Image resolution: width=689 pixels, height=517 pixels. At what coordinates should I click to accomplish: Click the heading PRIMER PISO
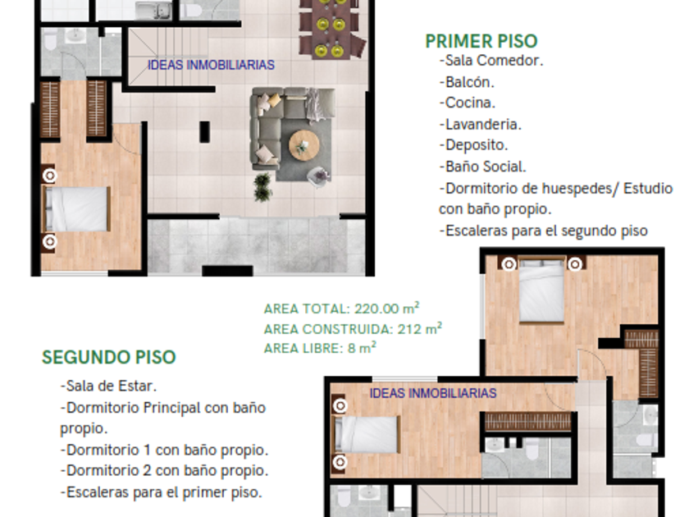pyautogui.click(x=481, y=41)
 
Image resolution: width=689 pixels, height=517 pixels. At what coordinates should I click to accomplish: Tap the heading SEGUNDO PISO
pyautogui.click(x=108, y=358)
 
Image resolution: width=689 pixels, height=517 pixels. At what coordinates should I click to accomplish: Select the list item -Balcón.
pyautogui.click(x=467, y=82)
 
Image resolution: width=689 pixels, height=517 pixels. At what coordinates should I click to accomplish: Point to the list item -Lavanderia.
pyautogui.click(x=481, y=125)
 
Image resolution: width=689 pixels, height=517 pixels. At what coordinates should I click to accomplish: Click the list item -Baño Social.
pyautogui.click(x=482, y=167)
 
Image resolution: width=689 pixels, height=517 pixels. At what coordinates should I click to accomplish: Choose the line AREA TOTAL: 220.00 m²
pyautogui.click(x=341, y=309)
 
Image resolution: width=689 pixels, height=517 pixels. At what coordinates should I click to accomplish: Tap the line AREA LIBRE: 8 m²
pyautogui.click(x=320, y=348)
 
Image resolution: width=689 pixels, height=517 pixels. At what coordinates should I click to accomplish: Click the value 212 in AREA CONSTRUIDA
pyautogui.click(x=410, y=329)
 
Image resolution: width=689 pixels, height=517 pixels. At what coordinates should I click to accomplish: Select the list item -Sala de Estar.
pyautogui.click(x=108, y=386)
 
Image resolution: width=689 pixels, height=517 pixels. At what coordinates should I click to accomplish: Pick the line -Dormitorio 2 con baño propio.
pyautogui.click(x=164, y=470)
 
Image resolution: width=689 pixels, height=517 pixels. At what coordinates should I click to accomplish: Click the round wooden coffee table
pyautogui.click(x=304, y=145)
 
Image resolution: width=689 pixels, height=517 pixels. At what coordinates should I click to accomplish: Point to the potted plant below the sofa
pyautogui.click(x=262, y=187)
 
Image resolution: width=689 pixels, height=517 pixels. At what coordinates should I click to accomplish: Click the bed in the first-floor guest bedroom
pyautogui.click(x=76, y=208)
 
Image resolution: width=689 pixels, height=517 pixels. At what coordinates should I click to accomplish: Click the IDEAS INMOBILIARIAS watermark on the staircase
pyautogui.click(x=211, y=65)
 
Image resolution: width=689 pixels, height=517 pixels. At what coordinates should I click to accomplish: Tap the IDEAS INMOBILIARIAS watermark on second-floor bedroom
pyautogui.click(x=433, y=393)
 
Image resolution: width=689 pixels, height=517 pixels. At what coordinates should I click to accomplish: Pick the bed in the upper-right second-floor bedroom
pyautogui.click(x=541, y=291)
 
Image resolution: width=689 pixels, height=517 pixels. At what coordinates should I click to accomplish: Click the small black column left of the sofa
pyautogui.click(x=204, y=132)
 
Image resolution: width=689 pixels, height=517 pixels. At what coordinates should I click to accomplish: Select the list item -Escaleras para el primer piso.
pyautogui.click(x=161, y=492)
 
